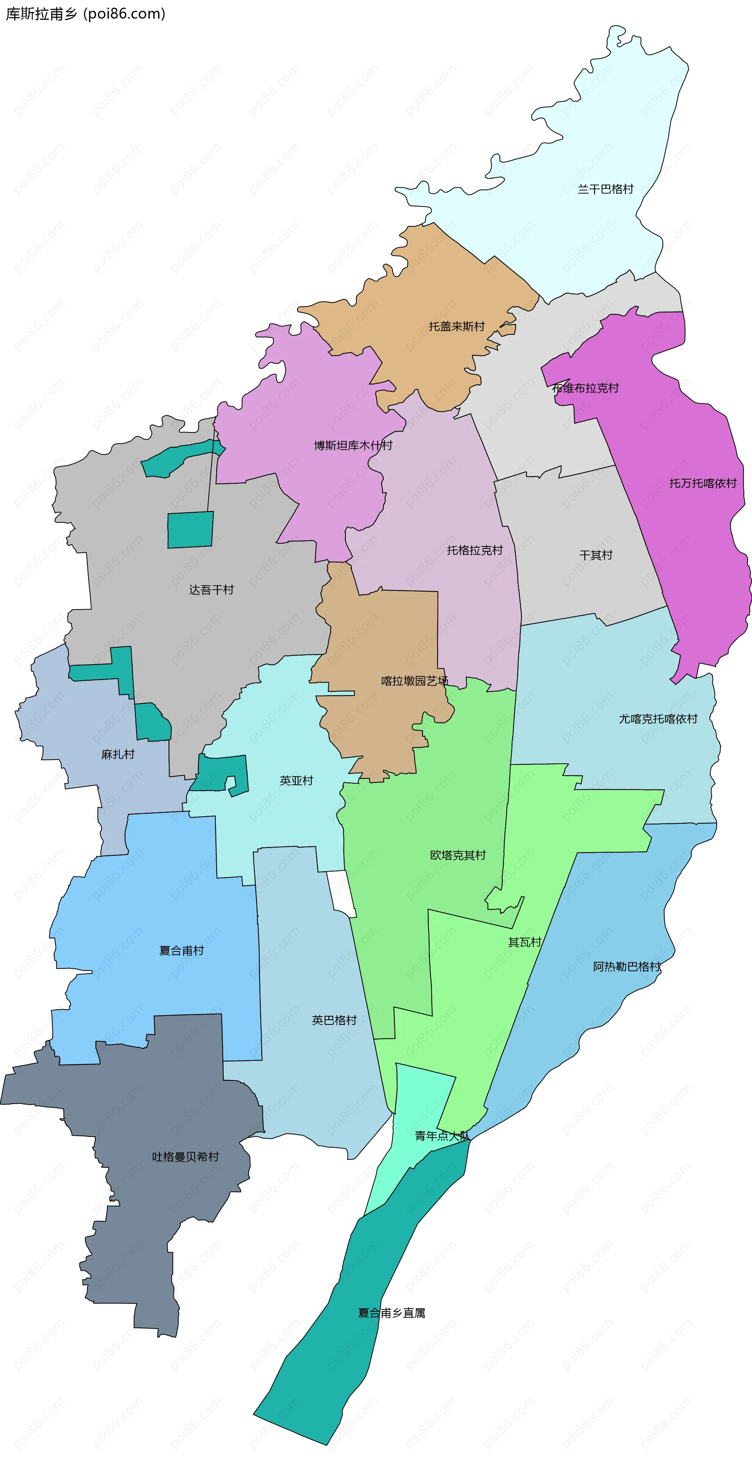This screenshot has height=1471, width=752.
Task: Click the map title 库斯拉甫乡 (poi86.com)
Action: (x=86, y=14)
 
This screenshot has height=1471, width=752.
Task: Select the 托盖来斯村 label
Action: (x=456, y=326)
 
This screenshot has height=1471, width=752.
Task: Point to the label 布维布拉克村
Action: (x=586, y=388)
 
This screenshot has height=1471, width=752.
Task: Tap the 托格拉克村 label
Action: (x=474, y=550)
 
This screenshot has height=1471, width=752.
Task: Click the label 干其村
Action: (x=596, y=555)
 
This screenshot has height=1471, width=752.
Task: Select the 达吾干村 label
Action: (x=211, y=590)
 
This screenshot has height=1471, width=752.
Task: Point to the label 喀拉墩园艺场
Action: (x=414, y=681)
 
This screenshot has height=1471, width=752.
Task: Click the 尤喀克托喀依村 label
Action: (x=658, y=719)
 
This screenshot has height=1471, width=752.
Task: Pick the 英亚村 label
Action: (x=296, y=781)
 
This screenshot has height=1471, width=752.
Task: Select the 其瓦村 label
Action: (x=524, y=942)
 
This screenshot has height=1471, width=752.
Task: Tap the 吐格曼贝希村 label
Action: (x=185, y=1157)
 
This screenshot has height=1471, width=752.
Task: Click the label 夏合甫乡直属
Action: (x=391, y=1313)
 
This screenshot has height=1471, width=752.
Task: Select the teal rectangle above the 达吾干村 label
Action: (x=190, y=529)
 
